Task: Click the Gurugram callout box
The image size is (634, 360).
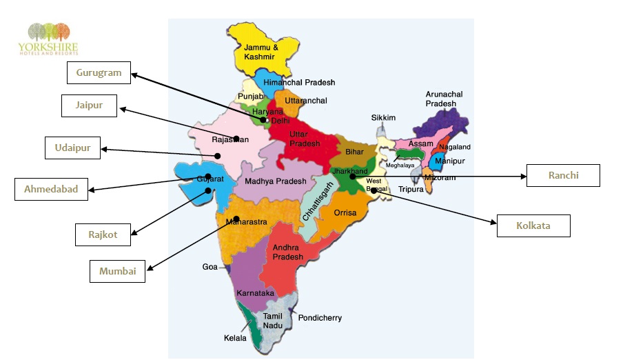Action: click(x=99, y=73)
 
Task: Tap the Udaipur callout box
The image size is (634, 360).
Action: click(x=72, y=148)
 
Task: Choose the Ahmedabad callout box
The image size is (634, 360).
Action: click(x=51, y=190)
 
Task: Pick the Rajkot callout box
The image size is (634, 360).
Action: click(x=103, y=234)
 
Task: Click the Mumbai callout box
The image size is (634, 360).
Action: click(x=118, y=271)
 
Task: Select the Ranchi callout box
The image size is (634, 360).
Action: click(x=563, y=176)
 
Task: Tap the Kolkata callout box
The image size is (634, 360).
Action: click(x=533, y=226)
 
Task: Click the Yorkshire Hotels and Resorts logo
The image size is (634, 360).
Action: click(x=48, y=39)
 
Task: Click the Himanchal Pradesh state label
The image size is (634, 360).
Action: click(x=299, y=83)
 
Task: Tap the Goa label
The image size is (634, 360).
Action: click(x=209, y=267)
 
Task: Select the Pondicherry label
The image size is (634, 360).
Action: click(x=320, y=318)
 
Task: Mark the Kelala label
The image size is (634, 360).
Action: click(x=234, y=338)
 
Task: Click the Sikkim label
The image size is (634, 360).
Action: click(x=383, y=118)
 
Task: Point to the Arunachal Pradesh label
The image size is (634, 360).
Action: click(x=444, y=99)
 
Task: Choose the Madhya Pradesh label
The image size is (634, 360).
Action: click(x=276, y=181)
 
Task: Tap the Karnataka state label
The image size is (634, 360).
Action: click(x=255, y=293)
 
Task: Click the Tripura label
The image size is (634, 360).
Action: click(x=411, y=189)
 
